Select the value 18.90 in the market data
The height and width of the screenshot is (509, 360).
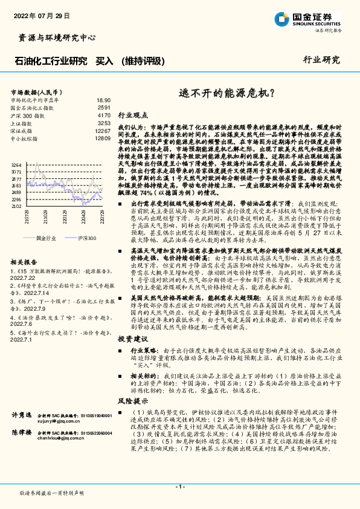tap(103, 100)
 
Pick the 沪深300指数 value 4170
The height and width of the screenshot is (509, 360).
tap(104, 115)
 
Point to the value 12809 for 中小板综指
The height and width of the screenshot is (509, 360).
tap(103, 138)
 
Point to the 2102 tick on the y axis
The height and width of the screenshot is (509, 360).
tap(16, 206)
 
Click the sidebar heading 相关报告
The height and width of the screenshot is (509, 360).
tap(24, 262)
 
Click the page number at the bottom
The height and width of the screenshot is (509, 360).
tap(179, 486)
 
